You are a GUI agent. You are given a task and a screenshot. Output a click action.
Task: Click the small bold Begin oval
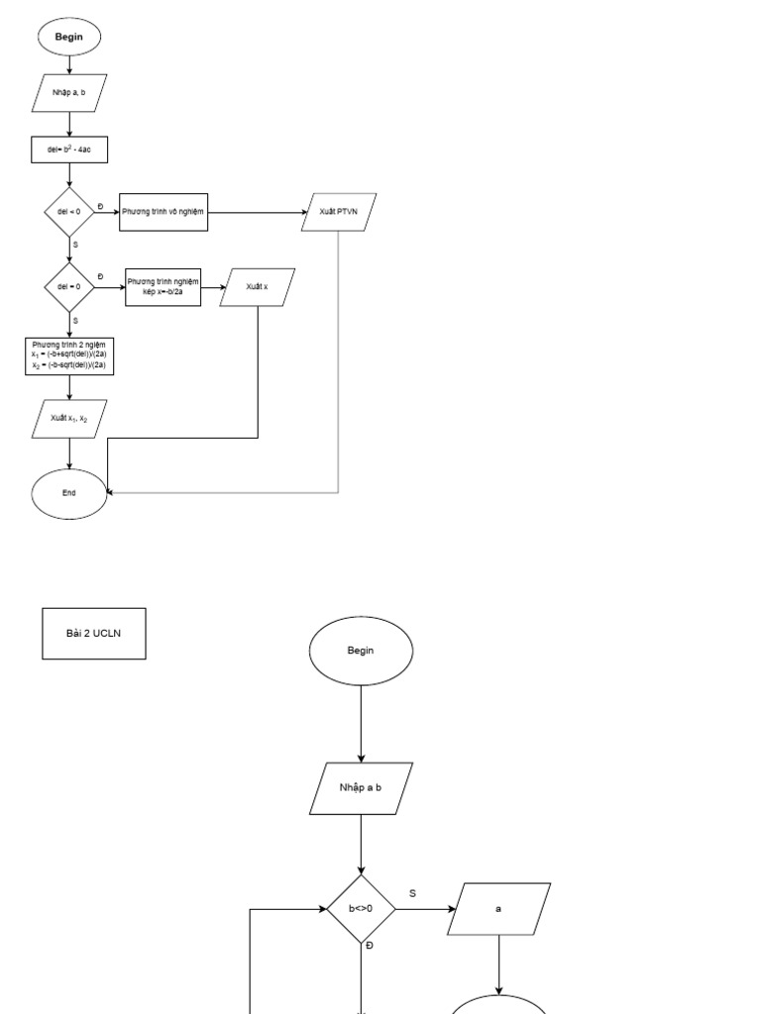click(x=68, y=37)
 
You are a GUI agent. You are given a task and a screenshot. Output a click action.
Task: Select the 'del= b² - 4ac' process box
click(x=68, y=150)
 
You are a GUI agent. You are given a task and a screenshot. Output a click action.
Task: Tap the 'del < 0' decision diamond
click(x=68, y=212)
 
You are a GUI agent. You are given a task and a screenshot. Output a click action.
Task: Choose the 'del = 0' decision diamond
click(x=68, y=286)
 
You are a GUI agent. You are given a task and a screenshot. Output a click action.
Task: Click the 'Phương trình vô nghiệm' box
click(x=163, y=212)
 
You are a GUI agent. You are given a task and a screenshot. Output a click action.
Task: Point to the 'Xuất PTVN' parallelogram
click(x=340, y=212)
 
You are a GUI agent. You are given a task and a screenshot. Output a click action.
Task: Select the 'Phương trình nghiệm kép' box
click(x=163, y=286)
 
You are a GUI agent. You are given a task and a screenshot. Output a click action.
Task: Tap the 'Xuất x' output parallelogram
click(x=258, y=286)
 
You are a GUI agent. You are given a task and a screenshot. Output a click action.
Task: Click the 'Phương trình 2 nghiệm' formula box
click(x=68, y=355)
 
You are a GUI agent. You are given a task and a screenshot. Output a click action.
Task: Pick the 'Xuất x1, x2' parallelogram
click(x=69, y=418)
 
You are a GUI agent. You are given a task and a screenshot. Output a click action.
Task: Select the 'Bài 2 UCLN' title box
click(x=94, y=634)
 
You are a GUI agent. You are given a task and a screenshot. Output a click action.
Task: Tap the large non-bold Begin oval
click(x=361, y=651)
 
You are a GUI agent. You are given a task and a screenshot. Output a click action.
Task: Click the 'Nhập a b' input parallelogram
click(x=361, y=788)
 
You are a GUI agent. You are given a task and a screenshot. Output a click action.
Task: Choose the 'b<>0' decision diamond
click(x=361, y=908)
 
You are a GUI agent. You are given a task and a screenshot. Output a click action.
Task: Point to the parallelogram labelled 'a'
click(x=498, y=908)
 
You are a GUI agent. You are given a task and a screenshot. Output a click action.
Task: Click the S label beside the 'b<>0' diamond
click(x=412, y=893)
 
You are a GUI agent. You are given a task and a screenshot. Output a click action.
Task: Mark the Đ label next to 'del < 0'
click(x=100, y=205)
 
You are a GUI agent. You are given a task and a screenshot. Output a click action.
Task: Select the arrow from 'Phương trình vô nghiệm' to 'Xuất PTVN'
click(x=258, y=212)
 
